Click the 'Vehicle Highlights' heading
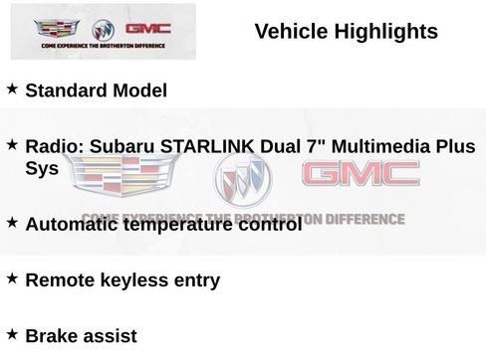tap(346, 32)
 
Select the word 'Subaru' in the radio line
tap(116, 147)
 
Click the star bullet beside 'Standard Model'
tap(12, 89)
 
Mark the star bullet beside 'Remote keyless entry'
tap(12, 277)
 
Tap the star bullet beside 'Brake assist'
tap(12, 333)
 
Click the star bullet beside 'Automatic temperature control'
tap(12, 222)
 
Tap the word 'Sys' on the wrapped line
tap(42, 169)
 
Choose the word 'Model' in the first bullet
tap(139, 91)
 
